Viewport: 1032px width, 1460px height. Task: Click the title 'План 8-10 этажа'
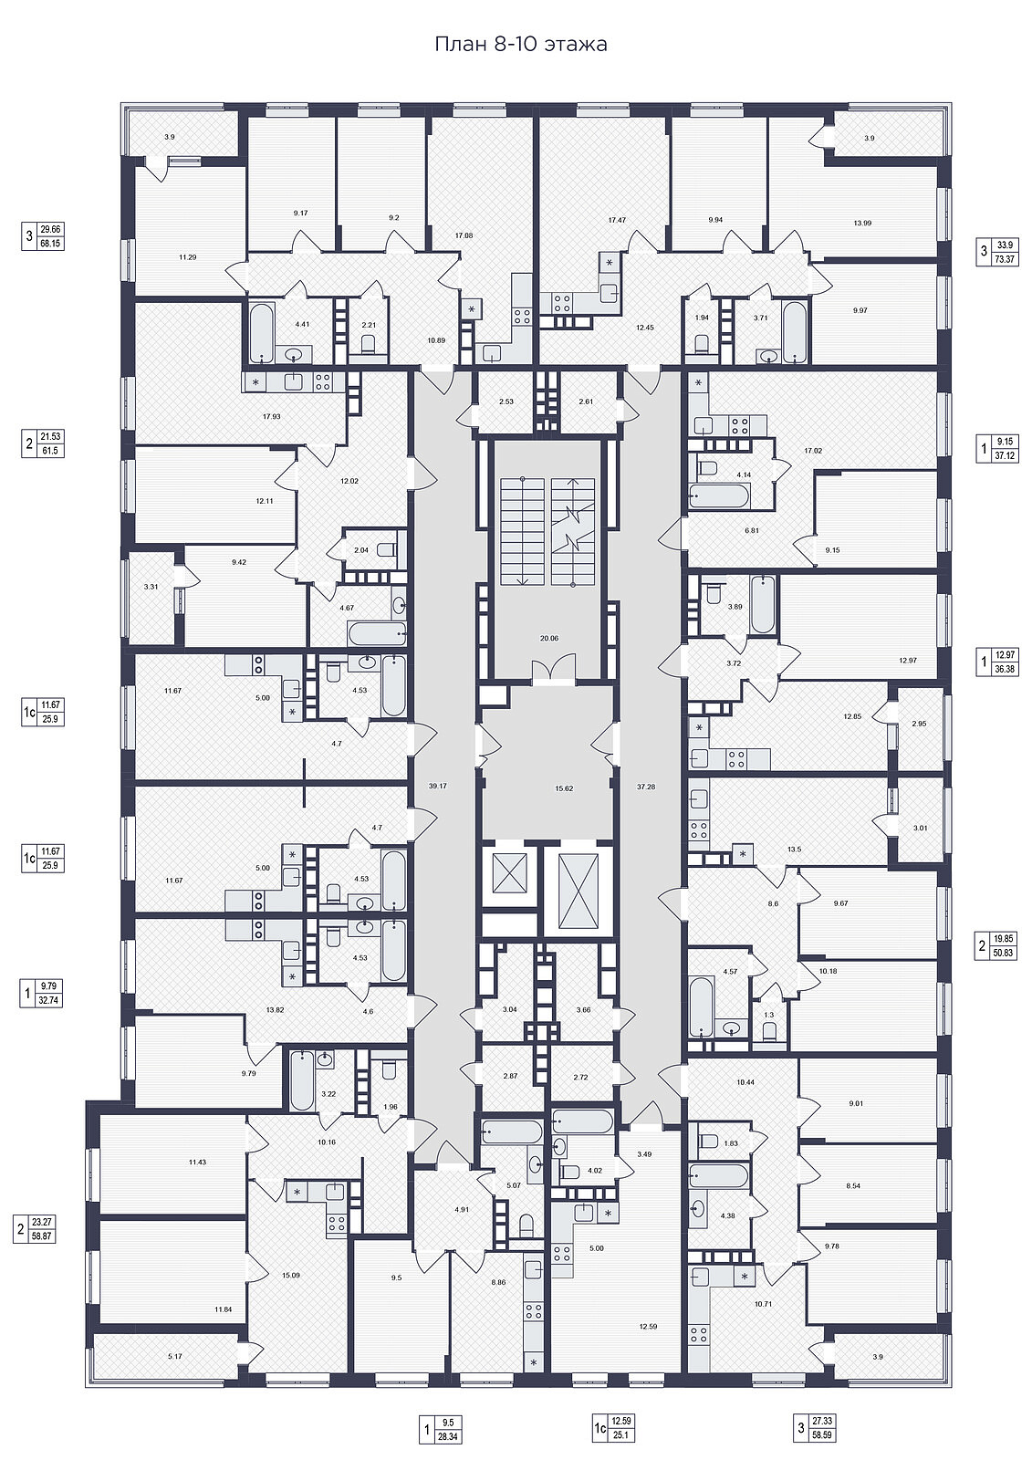[x=521, y=45]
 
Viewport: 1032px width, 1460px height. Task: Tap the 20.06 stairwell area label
[x=549, y=638]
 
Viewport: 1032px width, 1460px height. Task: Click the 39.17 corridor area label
[x=438, y=786]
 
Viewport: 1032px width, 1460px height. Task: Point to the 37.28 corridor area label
[x=646, y=787]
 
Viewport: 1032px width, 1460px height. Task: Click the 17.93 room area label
[x=271, y=416]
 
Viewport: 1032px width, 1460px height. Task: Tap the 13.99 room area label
[x=862, y=223]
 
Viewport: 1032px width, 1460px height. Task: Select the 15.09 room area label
[x=290, y=1275]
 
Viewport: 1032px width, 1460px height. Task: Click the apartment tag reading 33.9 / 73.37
[x=996, y=252]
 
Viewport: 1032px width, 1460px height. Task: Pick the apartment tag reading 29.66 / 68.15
[x=42, y=236]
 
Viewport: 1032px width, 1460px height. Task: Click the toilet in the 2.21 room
[x=369, y=343]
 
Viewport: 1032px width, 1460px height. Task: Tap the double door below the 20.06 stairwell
[x=554, y=671]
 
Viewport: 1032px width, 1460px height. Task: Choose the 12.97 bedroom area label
[x=908, y=661]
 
